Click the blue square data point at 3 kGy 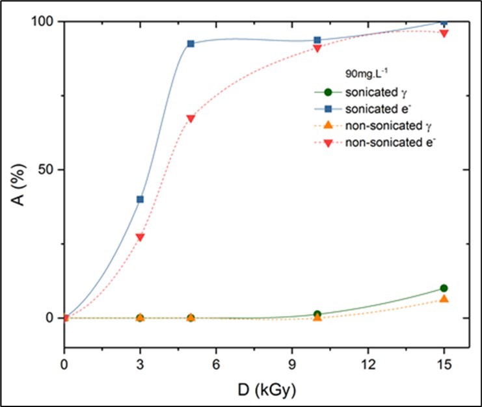pos(140,200)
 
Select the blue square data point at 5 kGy pos(191,44)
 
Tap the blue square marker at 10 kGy pos(317,40)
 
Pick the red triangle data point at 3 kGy pos(140,237)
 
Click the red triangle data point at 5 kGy pos(191,119)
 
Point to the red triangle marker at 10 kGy pos(317,48)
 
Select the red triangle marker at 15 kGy pos(444,33)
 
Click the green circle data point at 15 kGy pos(444,288)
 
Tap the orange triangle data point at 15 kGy pos(444,298)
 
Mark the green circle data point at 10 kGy pos(317,314)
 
